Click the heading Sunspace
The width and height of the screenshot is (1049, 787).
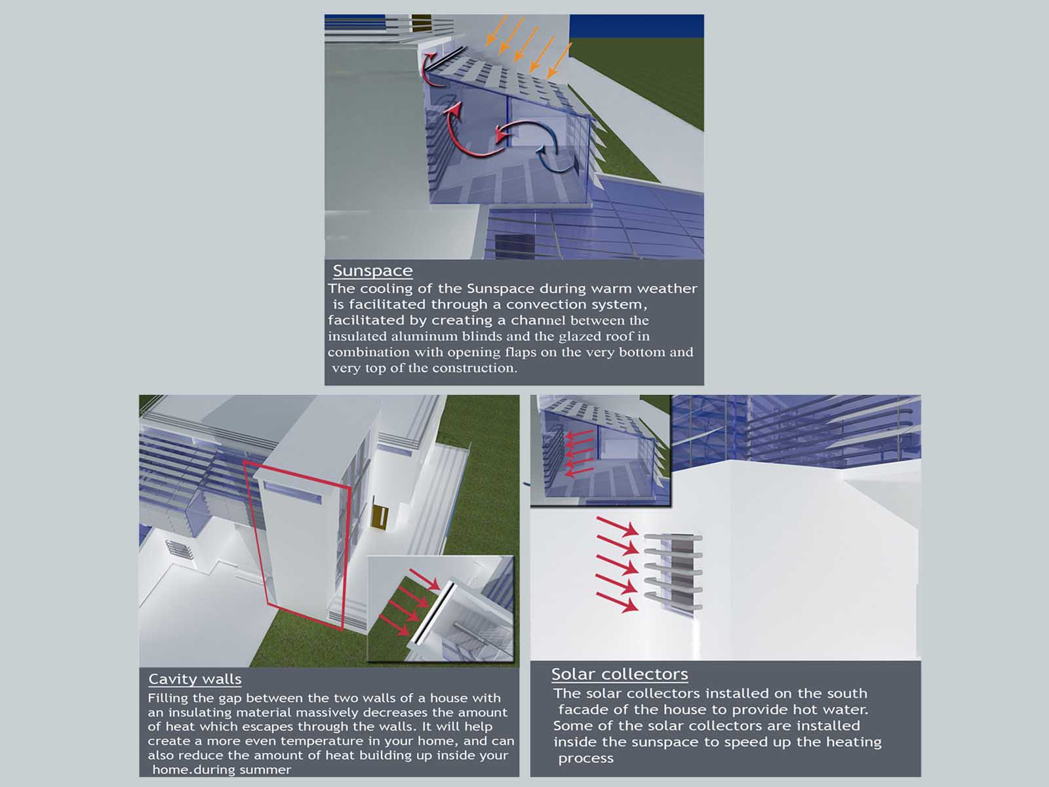pyautogui.click(x=373, y=271)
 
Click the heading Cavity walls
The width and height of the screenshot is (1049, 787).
pyautogui.click(x=195, y=679)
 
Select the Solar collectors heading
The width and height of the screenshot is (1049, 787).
pyautogui.click(x=620, y=674)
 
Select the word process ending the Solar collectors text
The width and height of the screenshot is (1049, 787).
pyautogui.click(x=586, y=759)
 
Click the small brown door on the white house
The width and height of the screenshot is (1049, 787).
pyautogui.click(x=381, y=518)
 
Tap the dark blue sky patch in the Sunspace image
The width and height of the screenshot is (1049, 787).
pyautogui.click(x=637, y=26)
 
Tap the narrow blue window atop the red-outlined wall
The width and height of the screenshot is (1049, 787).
pyautogui.click(x=292, y=492)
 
